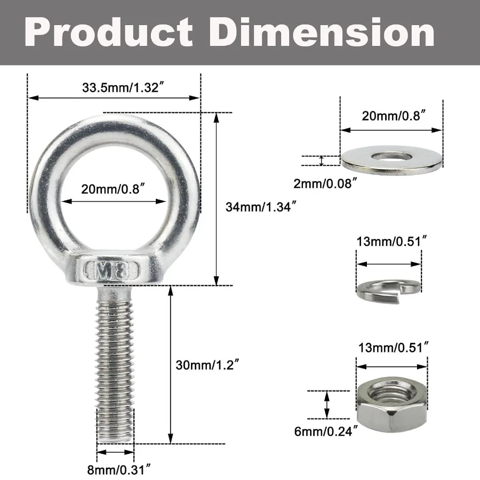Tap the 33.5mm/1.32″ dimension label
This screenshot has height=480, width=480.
click(115, 89)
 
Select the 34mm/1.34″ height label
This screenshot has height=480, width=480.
click(260, 206)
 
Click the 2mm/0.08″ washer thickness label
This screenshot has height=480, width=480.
click(324, 184)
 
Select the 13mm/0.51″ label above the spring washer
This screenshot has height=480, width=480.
click(391, 241)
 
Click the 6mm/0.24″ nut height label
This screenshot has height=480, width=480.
click(324, 432)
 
